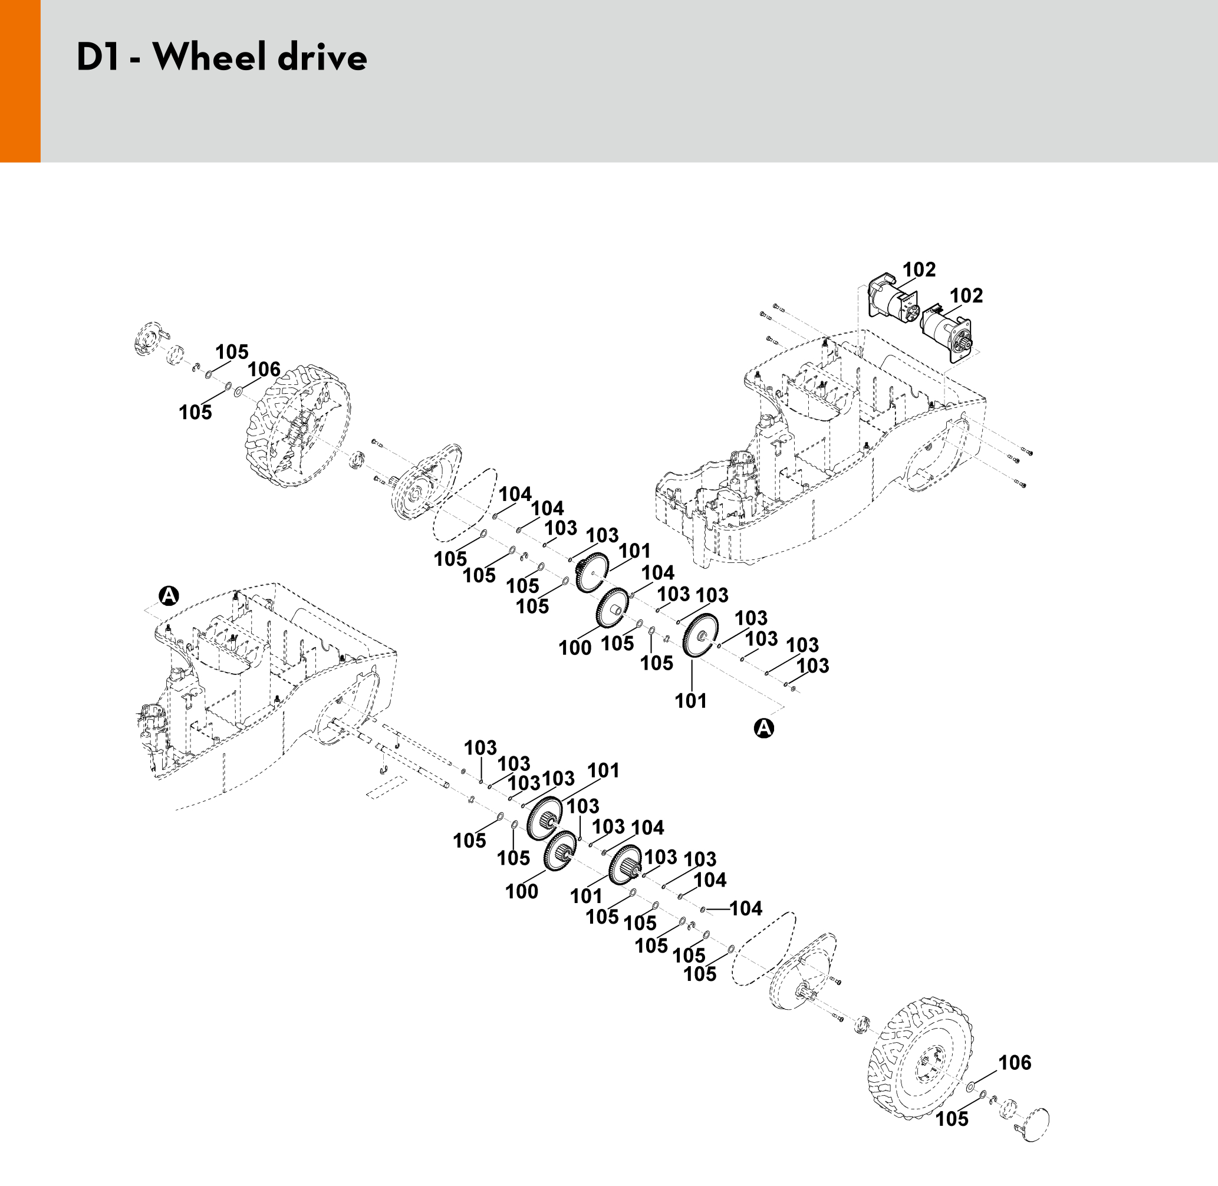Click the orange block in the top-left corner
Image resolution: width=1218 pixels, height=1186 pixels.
20,81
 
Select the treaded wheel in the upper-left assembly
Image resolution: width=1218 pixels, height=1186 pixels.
298,428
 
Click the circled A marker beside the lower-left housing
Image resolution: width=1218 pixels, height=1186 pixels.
169,595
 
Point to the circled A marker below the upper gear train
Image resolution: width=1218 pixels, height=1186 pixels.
764,727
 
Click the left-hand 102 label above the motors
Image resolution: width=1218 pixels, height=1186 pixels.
919,270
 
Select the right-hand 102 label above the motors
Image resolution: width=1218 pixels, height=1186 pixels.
966,295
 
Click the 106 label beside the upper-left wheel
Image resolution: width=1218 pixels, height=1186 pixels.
264,370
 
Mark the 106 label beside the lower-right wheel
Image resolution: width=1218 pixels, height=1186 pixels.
1014,1063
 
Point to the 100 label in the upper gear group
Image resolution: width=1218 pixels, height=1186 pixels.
574,648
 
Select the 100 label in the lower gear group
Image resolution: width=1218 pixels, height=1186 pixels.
522,891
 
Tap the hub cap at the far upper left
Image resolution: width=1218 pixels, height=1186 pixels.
146,339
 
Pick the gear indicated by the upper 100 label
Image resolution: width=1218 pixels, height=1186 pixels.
612,607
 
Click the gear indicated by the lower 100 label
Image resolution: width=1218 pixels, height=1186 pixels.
560,851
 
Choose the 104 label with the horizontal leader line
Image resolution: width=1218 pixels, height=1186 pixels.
746,909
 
